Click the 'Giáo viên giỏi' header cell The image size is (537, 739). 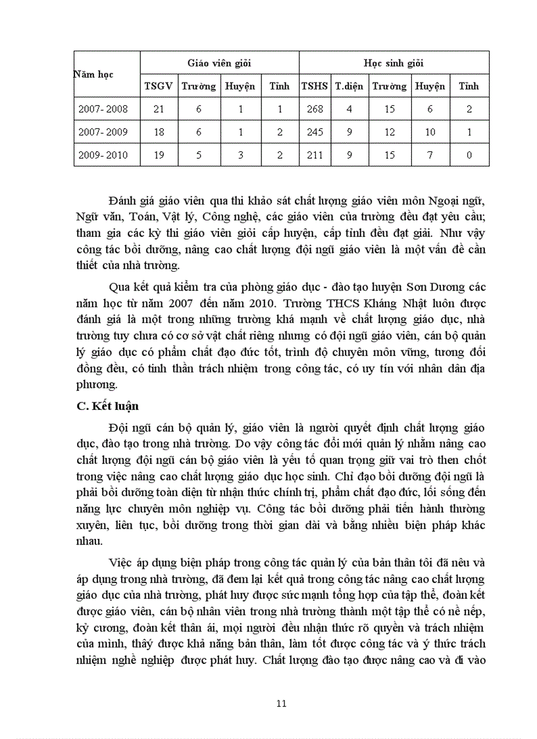(220, 63)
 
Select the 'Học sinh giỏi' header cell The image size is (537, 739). (394, 63)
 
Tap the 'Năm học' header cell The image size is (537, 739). (93, 74)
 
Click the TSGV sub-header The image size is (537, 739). (158, 86)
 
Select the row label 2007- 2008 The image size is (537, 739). (103, 109)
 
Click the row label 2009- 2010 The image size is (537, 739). (103, 155)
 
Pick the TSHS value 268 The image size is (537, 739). (315, 109)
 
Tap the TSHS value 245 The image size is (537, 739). (315, 132)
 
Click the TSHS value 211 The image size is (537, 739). (315, 155)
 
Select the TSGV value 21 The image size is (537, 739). (158, 109)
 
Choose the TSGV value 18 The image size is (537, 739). (158, 132)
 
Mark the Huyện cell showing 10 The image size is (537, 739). (430, 132)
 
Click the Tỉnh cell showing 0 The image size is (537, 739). (469, 155)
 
